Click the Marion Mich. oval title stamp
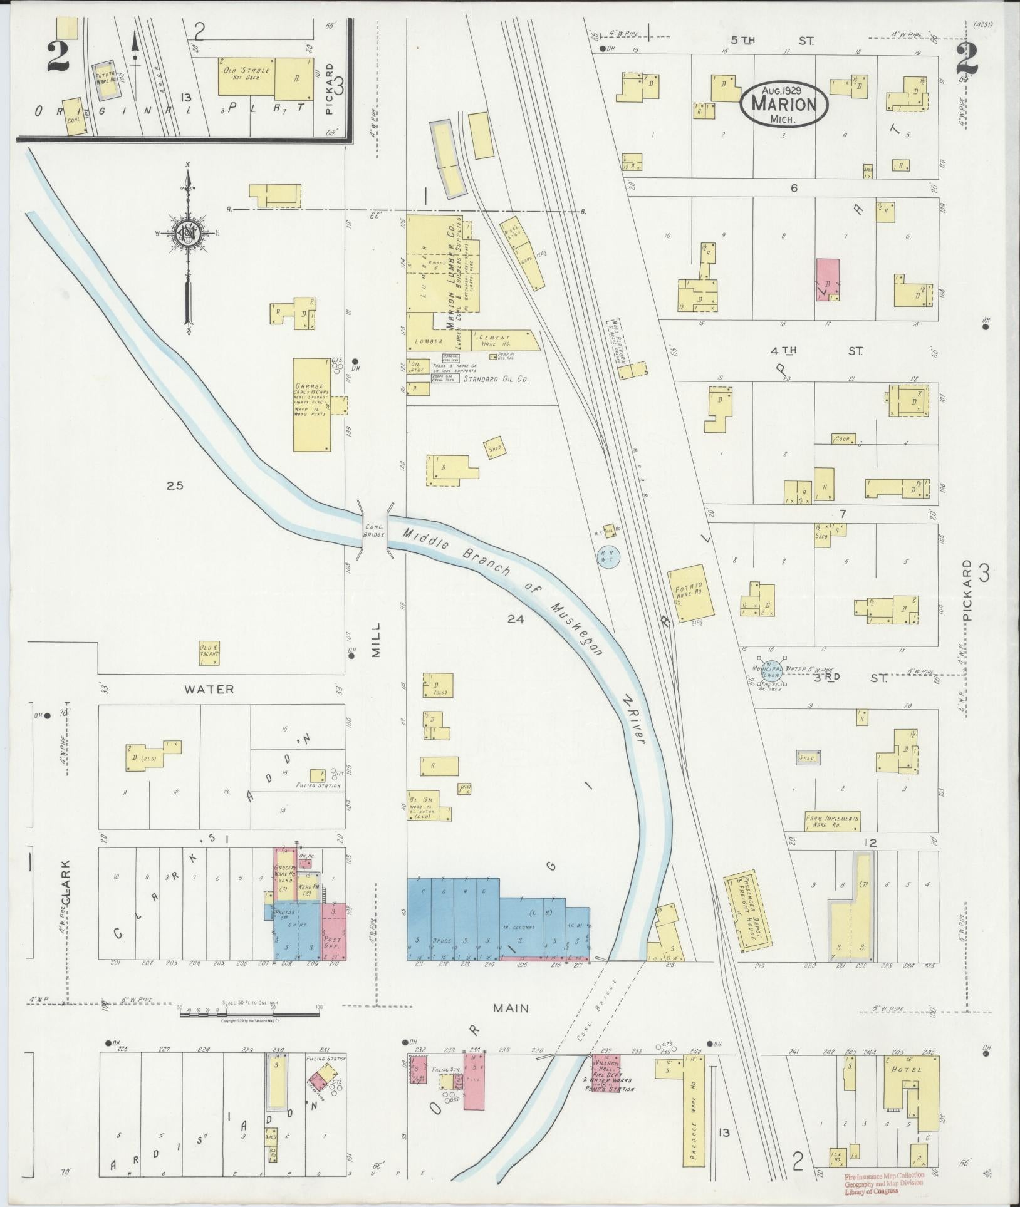click(x=784, y=103)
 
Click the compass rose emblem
click(x=187, y=234)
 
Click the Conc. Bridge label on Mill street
click(x=374, y=530)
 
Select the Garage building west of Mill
click(x=312, y=405)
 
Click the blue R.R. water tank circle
click(x=608, y=556)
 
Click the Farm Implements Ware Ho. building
click(x=832, y=821)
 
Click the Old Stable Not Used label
click(x=246, y=74)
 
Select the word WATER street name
click(x=209, y=690)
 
